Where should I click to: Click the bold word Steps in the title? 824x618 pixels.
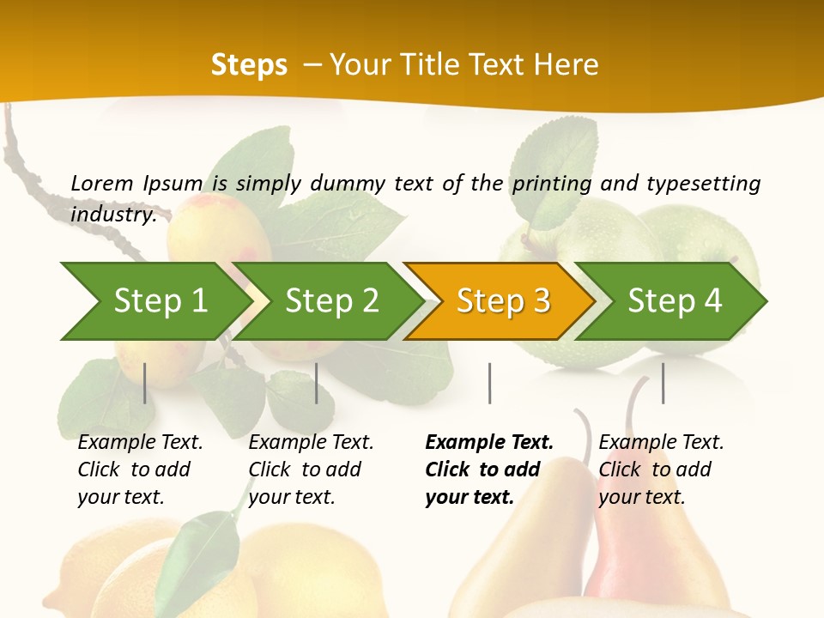(249, 65)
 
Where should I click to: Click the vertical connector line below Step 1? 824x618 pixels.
(145, 383)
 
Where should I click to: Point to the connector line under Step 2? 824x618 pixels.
(317, 383)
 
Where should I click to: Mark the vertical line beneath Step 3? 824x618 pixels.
(489, 383)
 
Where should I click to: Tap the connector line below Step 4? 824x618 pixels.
(663, 383)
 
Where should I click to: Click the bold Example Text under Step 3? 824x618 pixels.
(489, 443)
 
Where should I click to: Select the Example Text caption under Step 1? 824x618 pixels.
(140, 443)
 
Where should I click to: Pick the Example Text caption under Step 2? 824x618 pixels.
(311, 443)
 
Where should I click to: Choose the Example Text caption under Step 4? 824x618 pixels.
(661, 443)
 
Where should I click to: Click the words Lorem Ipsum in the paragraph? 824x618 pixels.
(136, 184)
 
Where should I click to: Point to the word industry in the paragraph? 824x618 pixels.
(112, 215)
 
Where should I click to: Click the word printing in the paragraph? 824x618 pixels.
(553, 184)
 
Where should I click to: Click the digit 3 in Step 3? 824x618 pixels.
(541, 300)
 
